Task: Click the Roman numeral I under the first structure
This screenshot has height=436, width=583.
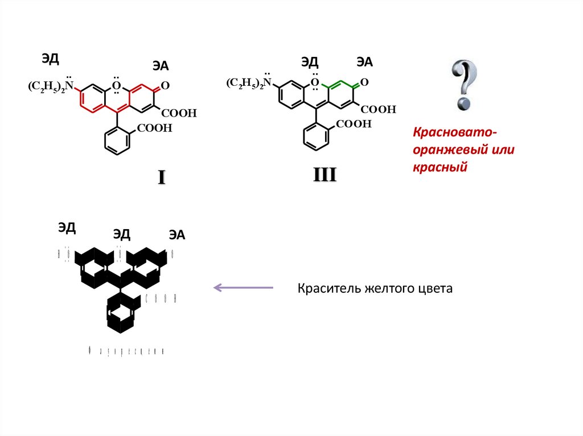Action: tap(161, 178)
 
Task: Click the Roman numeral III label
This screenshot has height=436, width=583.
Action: tap(325, 175)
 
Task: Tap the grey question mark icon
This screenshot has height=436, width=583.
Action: tap(464, 85)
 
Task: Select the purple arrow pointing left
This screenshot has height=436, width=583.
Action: tap(243, 288)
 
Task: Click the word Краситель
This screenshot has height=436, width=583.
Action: tap(323, 289)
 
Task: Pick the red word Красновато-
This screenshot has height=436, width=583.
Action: tap(455, 132)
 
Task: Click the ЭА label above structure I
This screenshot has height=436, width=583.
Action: tap(161, 65)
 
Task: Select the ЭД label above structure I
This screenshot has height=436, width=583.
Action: tap(50, 58)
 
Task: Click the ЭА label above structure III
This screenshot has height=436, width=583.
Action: tap(364, 62)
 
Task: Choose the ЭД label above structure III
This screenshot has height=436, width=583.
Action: tap(310, 62)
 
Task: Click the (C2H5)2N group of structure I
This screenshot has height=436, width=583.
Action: tap(51, 86)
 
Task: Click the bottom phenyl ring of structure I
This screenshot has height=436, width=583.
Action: tap(118, 140)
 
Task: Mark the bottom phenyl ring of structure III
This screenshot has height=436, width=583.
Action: tap(316, 136)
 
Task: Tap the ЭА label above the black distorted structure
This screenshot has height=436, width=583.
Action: tap(176, 235)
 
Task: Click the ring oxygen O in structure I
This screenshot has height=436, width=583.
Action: tap(116, 86)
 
